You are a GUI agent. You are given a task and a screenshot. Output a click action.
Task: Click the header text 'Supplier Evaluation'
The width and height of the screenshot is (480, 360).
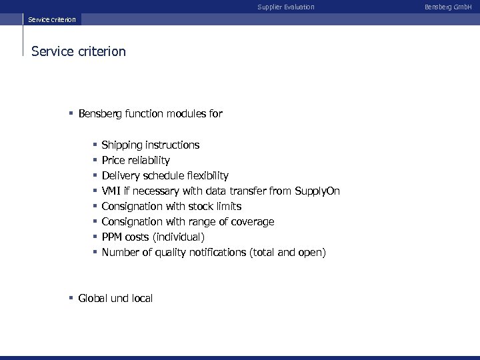286,7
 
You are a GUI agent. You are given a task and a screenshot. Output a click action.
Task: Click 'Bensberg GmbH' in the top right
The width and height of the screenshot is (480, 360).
453,7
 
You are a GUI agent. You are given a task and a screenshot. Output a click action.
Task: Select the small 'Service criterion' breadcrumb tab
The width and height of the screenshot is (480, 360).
52,19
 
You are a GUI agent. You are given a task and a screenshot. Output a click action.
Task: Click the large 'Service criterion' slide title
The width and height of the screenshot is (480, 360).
79,51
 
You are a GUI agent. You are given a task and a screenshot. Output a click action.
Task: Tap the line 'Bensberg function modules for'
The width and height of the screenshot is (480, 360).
150,114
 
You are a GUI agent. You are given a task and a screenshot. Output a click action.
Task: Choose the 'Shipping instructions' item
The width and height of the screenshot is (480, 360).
150,145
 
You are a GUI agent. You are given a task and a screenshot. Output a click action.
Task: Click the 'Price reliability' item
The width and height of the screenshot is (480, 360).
135,161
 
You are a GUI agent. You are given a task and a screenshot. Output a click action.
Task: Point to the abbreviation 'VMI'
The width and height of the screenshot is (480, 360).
111,191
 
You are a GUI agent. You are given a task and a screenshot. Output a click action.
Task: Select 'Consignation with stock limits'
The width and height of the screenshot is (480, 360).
171,207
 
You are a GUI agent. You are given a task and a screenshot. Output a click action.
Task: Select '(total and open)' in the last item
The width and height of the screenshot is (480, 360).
287,253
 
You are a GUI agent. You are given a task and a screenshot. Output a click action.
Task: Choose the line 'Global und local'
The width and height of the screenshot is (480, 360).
115,299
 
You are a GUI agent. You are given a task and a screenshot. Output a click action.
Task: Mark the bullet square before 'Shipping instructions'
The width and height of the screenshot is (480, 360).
95,145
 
